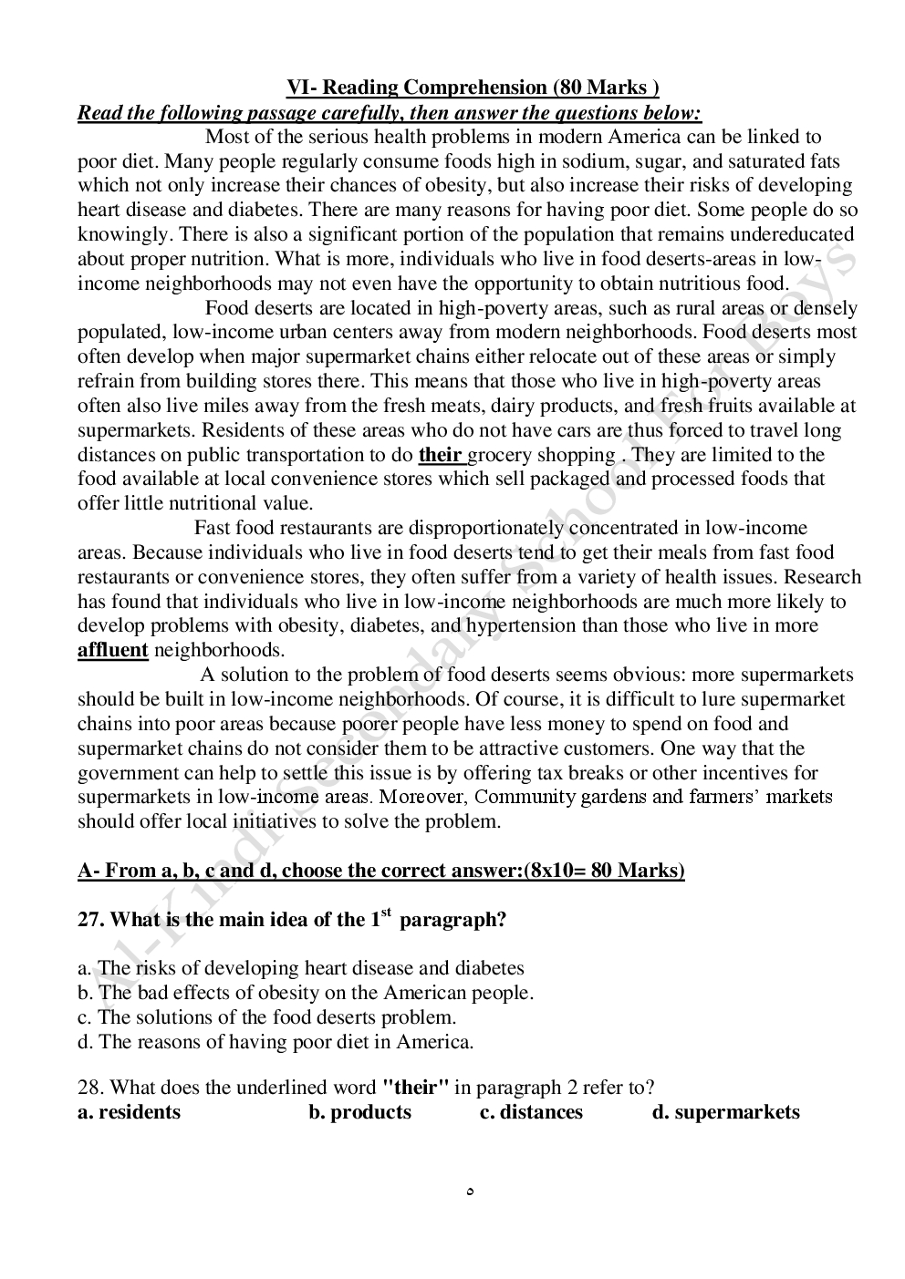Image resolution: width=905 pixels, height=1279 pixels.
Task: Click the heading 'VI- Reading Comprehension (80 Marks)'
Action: (x=473, y=88)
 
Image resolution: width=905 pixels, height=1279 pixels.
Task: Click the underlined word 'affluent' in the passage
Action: (x=112, y=650)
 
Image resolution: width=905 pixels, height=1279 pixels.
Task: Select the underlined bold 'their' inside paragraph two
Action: (x=440, y=455)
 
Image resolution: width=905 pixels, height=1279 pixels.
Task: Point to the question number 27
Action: (x=88, y=920)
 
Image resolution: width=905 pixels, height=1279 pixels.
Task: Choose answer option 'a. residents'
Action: (x=129, y=1112)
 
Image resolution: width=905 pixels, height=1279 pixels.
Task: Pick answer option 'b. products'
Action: (x=359, y=1112)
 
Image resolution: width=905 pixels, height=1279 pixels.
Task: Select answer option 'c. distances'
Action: (x=531, y=1112)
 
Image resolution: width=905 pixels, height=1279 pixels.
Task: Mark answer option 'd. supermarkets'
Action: (x=725, y=1112)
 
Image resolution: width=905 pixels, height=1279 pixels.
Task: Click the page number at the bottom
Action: (x=469, y=1191)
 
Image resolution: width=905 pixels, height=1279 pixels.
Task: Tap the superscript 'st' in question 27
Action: (x=386, y=913)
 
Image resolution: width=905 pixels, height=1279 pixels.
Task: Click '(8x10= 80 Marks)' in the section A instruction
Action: (x=604, y=871)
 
